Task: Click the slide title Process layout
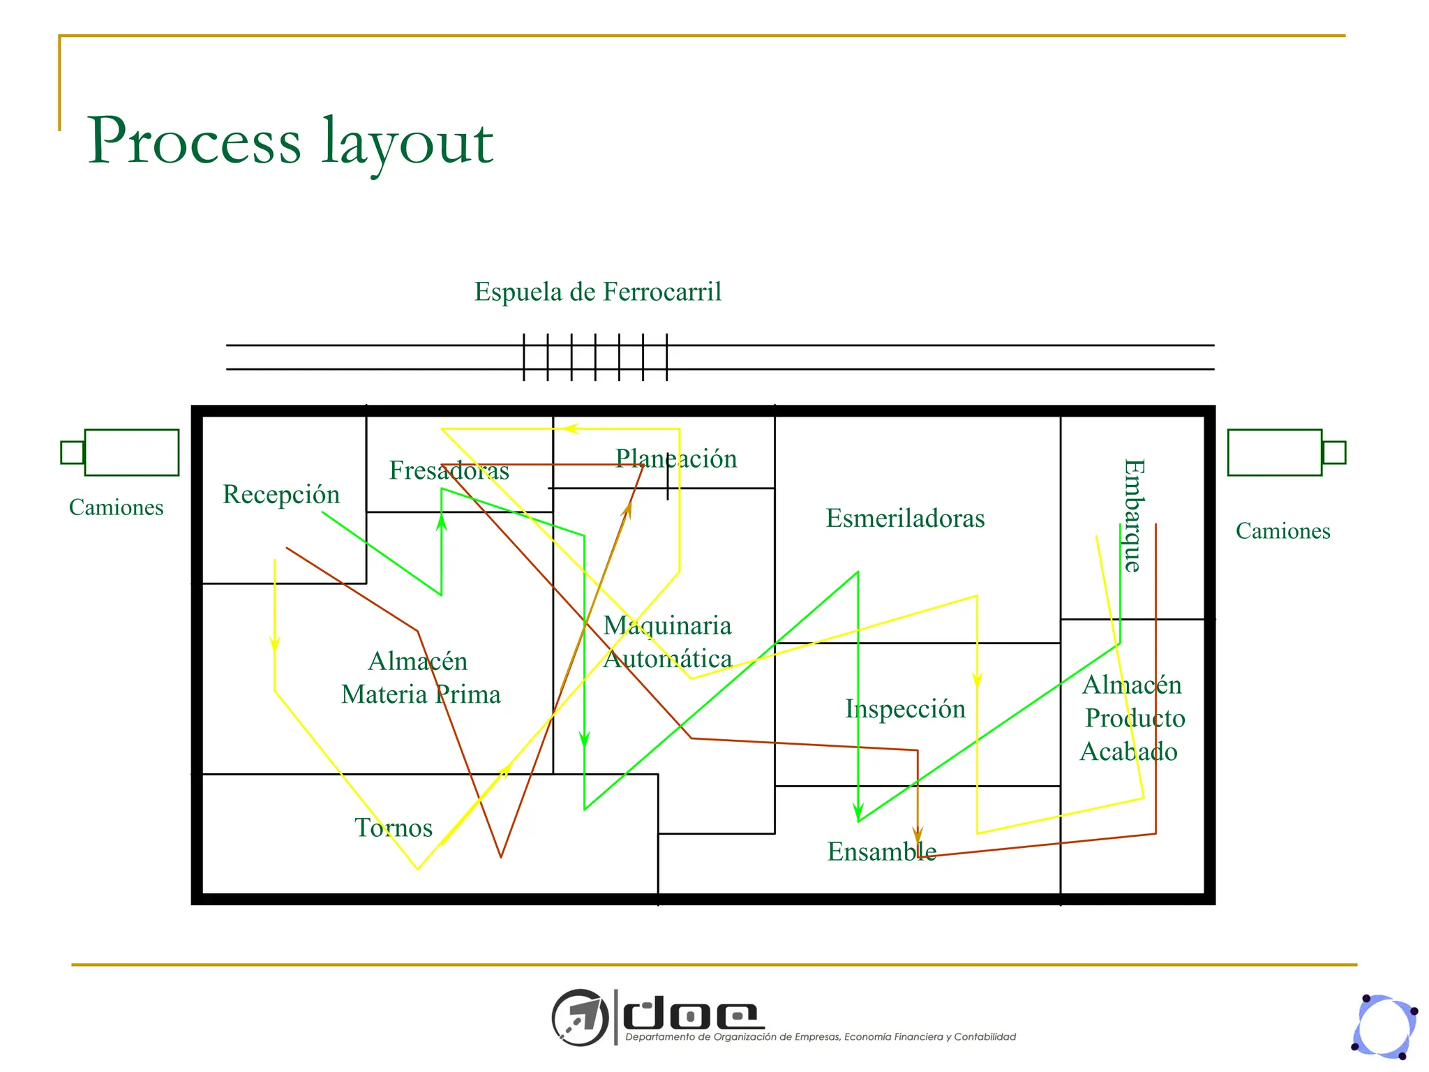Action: [290, 141]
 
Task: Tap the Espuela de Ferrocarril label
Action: [598, 292]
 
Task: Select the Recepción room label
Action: [281, 494]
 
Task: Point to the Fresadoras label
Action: [449, 470]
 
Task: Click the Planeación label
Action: [675, 459]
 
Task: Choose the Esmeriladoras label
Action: [905, 519]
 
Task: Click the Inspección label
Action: [905, 709]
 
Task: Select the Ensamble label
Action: [882, 851]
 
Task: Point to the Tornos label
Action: [394, 828]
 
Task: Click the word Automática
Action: [667, 659]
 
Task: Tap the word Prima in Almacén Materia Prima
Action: [468, 694]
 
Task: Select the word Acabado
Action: [1128, 752]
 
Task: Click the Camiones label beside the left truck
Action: [116, 507]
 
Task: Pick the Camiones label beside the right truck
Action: [1282, 531]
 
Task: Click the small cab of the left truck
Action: [72, 452]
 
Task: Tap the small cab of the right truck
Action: [1333, 452]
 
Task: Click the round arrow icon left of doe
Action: [580, 1016]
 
